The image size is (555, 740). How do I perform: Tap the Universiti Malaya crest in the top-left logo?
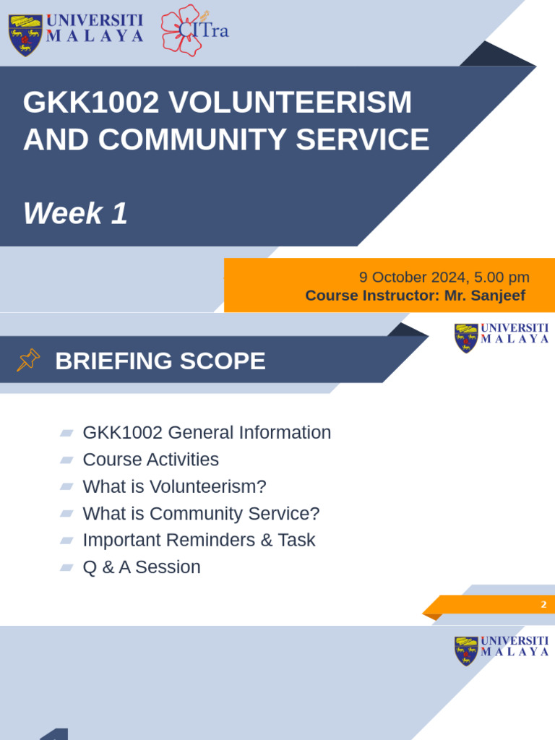click(x=25, y=35)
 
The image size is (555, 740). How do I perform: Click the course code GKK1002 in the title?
click(x=90, y=103)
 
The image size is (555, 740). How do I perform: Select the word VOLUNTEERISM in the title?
click(x=290, y=103)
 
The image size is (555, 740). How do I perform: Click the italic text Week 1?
click(x=75, y=214)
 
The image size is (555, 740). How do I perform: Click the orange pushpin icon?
click(x=28, y=360)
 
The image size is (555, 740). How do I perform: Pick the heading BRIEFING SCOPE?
click(x=160, y=361)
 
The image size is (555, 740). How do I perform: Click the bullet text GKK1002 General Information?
click(x=207, y=433)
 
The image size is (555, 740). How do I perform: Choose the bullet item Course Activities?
click(x=150, y=460)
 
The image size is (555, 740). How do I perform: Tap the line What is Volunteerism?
click(x=174, y=486)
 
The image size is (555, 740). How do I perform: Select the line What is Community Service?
click(x=201, y=514)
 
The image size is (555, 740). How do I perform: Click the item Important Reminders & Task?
click(x=199, y=540)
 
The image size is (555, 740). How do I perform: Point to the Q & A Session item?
click(x=142, y=567)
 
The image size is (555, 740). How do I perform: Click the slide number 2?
click(x=543, y=605)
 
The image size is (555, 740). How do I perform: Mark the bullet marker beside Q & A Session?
click(x=66, y=567)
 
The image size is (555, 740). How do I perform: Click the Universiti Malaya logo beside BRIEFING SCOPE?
click(x=502, y=337)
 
